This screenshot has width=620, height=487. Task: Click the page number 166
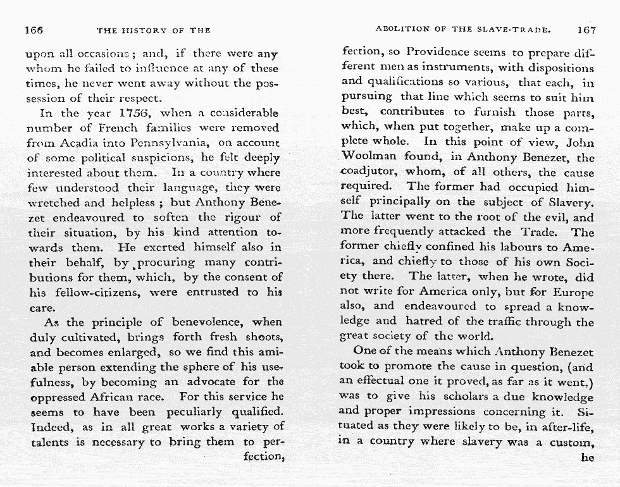click(34, 30)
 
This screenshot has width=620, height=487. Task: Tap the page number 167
click(586, 30)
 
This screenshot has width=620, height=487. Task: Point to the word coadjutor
click(370, 173)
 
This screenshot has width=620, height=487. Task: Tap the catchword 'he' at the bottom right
click(588, 457)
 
